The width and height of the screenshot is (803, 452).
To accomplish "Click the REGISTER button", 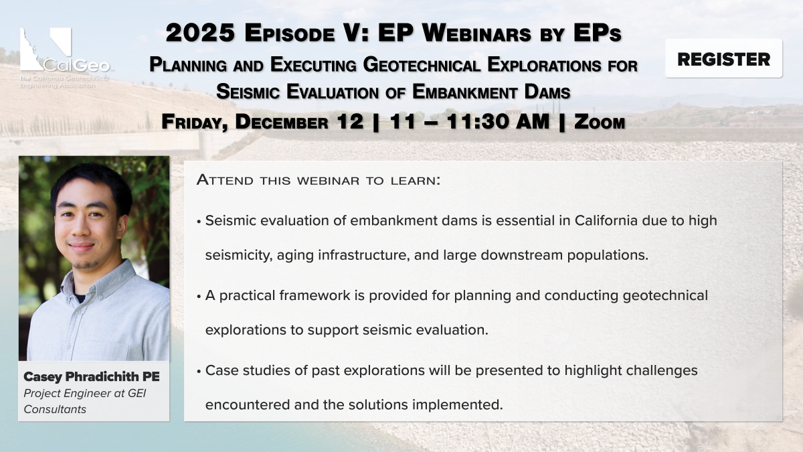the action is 723,58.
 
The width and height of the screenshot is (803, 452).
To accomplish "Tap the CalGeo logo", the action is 64,58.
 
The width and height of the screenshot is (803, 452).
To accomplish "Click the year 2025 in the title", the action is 200,33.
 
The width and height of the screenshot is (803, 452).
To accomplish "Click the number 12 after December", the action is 350,121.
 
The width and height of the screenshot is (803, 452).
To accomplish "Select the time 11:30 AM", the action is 498,121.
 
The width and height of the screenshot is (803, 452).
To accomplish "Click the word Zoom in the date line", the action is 600,122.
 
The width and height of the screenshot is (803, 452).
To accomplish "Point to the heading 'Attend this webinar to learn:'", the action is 319,179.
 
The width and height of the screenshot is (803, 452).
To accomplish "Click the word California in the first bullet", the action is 606,220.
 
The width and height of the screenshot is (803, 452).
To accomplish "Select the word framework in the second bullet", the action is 315,295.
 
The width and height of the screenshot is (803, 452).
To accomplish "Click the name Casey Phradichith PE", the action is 92,376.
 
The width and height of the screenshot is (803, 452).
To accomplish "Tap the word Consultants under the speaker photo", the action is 55,409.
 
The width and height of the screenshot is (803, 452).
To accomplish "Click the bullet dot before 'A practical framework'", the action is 199,297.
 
